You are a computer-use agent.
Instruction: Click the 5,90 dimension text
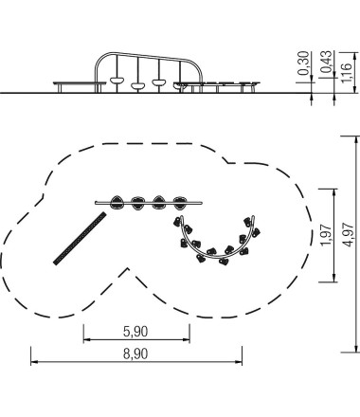[135, 332]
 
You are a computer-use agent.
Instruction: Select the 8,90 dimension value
[135, 354]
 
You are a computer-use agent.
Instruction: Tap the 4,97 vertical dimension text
[349, 234]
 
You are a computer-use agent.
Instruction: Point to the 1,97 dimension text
[326, 235]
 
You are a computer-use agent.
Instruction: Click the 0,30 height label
[303, 63]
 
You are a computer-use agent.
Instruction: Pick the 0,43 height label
[327, 63]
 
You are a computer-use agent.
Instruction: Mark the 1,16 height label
[347, 73]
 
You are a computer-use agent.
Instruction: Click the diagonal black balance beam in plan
[80, 238]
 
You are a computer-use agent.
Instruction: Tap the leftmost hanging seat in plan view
[117, 203]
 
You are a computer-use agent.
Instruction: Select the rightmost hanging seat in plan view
[180, 203]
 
